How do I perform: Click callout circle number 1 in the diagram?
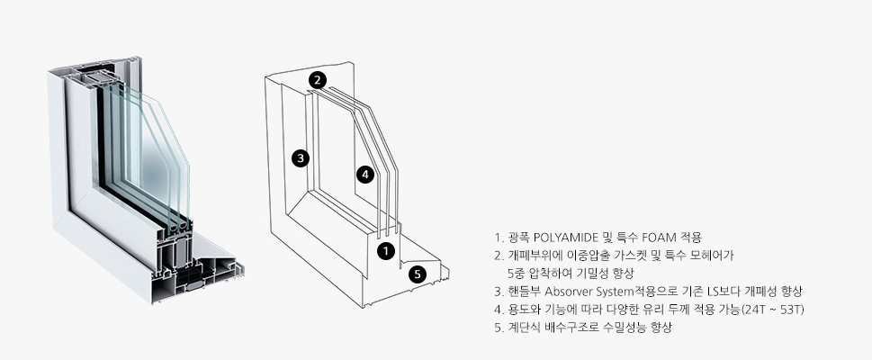pyautogui.click(x=385, y=251)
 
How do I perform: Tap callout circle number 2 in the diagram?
pyautogui.click(x=317, y=79)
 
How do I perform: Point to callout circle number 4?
pyautogui.click(x=364, y=174)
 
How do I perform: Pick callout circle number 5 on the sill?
pyautogui.click(x=417, y=274)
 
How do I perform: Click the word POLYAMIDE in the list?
pyautogui.click(x=567, y=238)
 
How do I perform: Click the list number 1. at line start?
pyautogui.click(x=499, y=238)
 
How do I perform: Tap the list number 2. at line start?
pyautogui.click(x=499, y=256)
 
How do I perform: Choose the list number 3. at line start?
pyautogui.click(x=499, y=292)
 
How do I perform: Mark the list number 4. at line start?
pyautogui.click(x=499, y=310)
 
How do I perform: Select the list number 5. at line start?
pyautogui.click(x=499, y=328)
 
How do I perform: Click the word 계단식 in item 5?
pyautogui.click(x=522, y=328)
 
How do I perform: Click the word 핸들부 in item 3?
pyautogui.click(x=523, y=292)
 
